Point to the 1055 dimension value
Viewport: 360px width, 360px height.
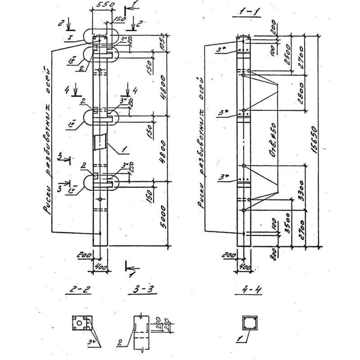[163, 43]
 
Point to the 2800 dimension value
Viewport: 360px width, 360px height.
[301, 92]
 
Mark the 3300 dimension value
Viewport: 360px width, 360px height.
[301, 187]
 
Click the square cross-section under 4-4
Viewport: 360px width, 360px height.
[249, 323]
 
